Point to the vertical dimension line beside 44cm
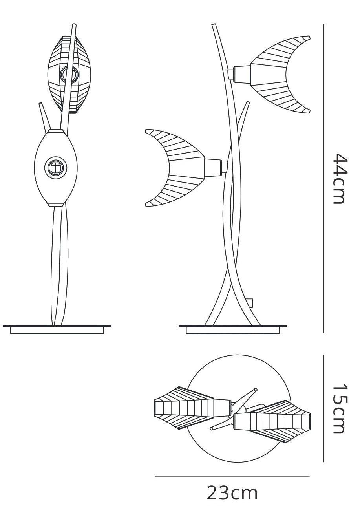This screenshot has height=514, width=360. pyautogui.click(x=323, y=178)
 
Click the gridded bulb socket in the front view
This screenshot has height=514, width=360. pyautogui.click(x=56, y=167)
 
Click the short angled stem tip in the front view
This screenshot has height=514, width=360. pyautogui.click(x=40, y=104)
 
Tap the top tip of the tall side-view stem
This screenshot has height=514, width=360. pyautogui.click(x=214, y=25)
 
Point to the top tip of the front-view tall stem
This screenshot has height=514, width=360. pyautogui.click(x=74, y=25)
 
